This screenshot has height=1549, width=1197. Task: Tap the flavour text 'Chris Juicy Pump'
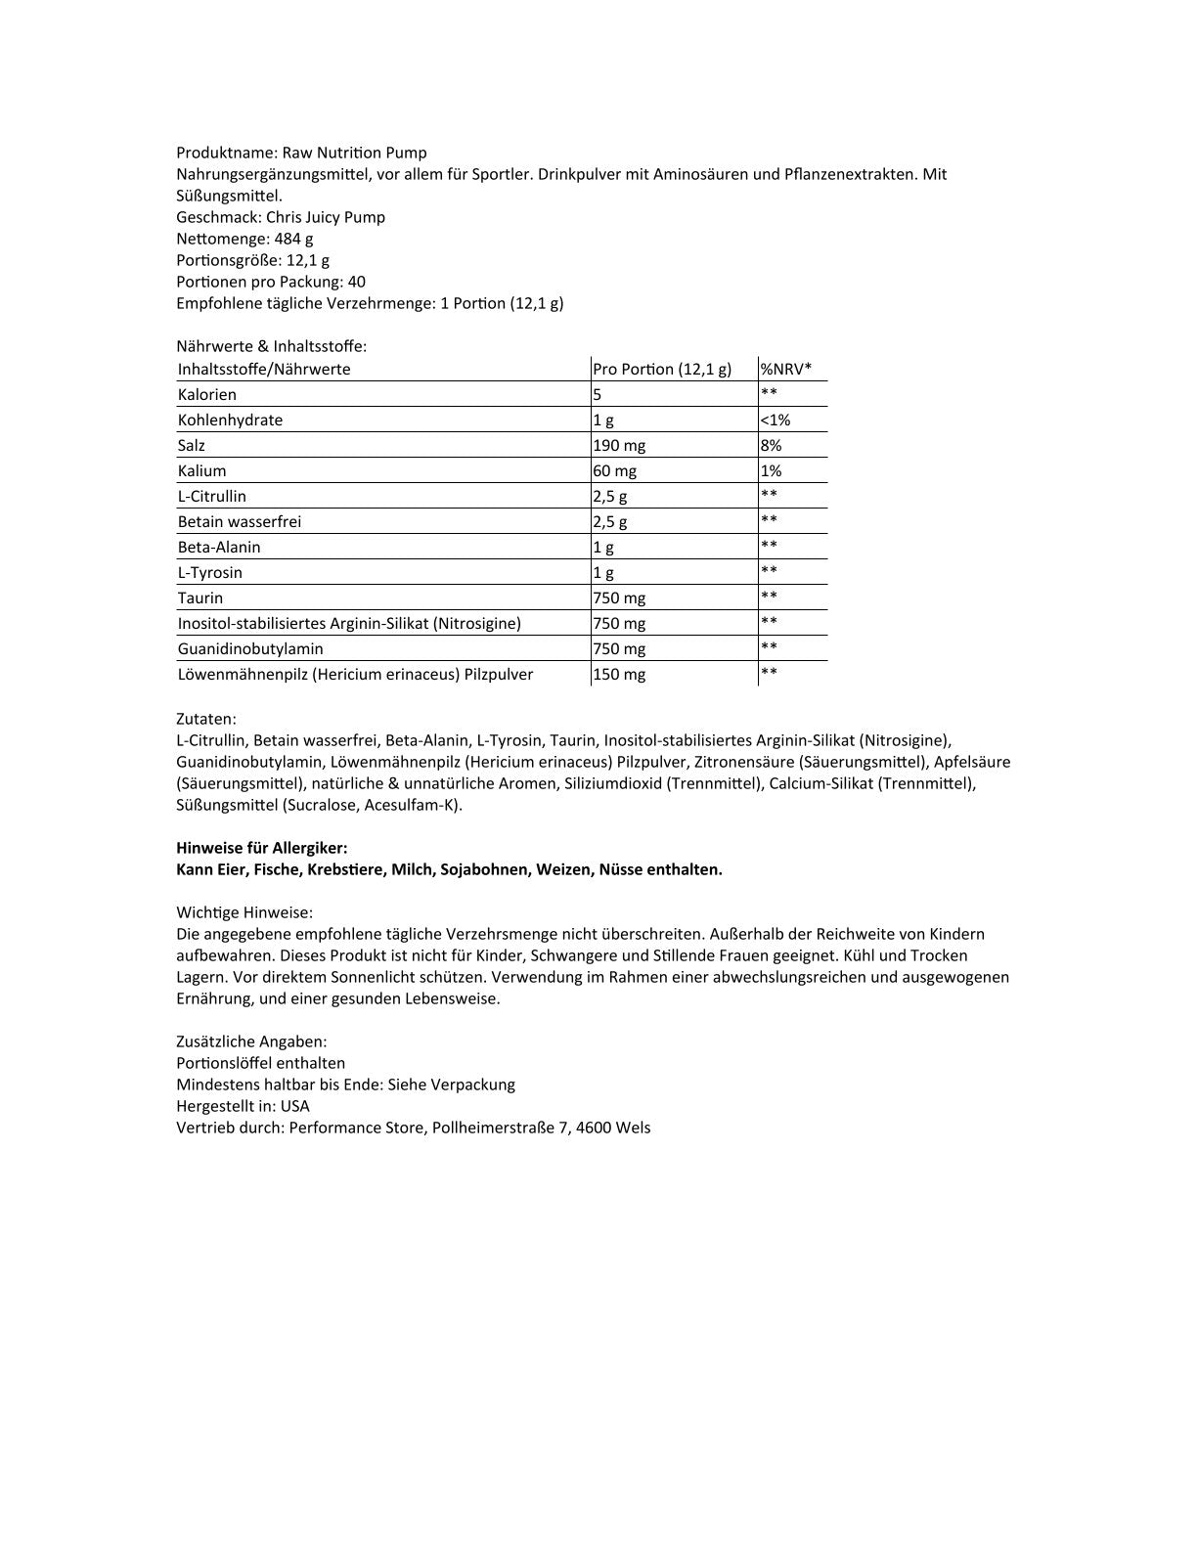click(326, 217)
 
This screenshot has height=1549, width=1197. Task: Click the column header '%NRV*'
click(786, 369)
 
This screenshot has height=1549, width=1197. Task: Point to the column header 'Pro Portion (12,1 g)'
click(662, 369)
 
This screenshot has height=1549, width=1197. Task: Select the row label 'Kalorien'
click(207, 394)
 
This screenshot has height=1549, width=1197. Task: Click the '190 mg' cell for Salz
click(619, 445)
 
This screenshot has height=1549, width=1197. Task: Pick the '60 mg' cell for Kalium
click(615, 470)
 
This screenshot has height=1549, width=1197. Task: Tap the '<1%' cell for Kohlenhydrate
click(776, 420)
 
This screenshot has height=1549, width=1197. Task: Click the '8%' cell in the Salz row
click(771, 445)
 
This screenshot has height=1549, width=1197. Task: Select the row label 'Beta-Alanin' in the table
click(219, 547)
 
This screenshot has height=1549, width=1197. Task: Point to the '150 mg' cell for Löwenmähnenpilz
click(619, 674)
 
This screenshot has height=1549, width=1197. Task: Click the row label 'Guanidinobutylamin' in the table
click(250, 648)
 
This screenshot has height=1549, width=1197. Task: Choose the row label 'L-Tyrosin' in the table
click(210, 572)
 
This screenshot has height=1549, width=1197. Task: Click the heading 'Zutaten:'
click(206, 719)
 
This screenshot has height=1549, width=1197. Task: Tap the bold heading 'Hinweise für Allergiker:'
click(261, 848)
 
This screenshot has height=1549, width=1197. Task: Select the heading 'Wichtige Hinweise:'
click(244, 912)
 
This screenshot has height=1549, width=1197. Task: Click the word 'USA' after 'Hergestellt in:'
click(294, 1106)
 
